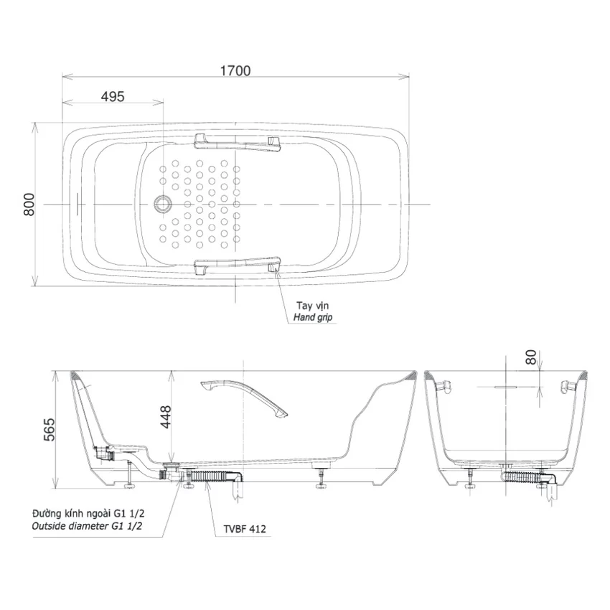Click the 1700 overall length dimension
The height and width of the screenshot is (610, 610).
[235, 71]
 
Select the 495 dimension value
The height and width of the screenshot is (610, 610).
[113, 96]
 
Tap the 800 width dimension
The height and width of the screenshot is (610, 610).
[29, 205]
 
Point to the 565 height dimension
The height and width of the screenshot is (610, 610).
[49, 429]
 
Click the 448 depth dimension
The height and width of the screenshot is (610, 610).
[166, 417]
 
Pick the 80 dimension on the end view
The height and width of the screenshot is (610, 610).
[531, 357]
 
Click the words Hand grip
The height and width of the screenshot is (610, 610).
[313, 317]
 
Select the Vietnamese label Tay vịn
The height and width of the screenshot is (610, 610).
[312, 306]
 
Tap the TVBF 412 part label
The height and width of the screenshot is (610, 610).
[245, 529]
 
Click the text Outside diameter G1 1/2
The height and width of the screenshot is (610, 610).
[87, 526]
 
